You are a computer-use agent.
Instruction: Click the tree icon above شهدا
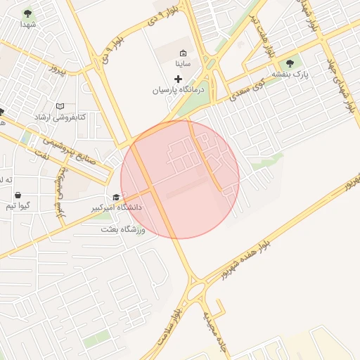point(27,13)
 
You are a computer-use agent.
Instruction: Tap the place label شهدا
point(28,25)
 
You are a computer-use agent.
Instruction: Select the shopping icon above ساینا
point(184,53)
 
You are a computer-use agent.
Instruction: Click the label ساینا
point(184,64)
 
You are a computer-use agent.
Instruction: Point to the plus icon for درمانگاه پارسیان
point(178,79)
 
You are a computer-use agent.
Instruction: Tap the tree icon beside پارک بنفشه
point(290,64)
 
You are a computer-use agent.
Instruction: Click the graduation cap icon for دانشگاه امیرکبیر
point(115,198)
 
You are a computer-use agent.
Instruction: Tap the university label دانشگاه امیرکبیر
point(115,208)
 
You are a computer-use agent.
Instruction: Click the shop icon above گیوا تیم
point(17,195)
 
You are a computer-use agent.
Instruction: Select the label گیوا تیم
point(18,206)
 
